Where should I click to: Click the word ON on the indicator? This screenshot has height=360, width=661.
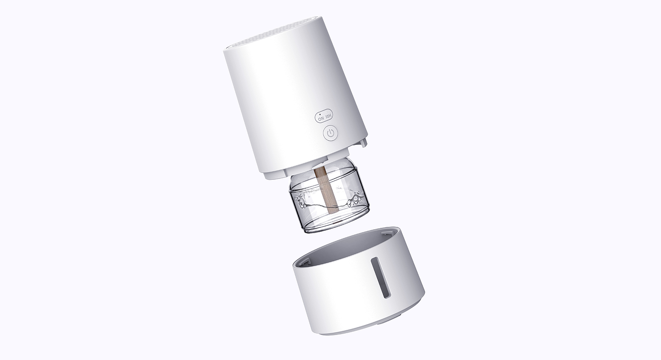(321, 119)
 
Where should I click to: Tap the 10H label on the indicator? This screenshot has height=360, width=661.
(329, 116)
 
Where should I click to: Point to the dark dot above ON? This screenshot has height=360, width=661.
(320, 114)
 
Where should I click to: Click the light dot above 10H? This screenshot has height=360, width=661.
(326, 111)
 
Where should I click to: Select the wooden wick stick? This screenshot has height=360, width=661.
(327, 190)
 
